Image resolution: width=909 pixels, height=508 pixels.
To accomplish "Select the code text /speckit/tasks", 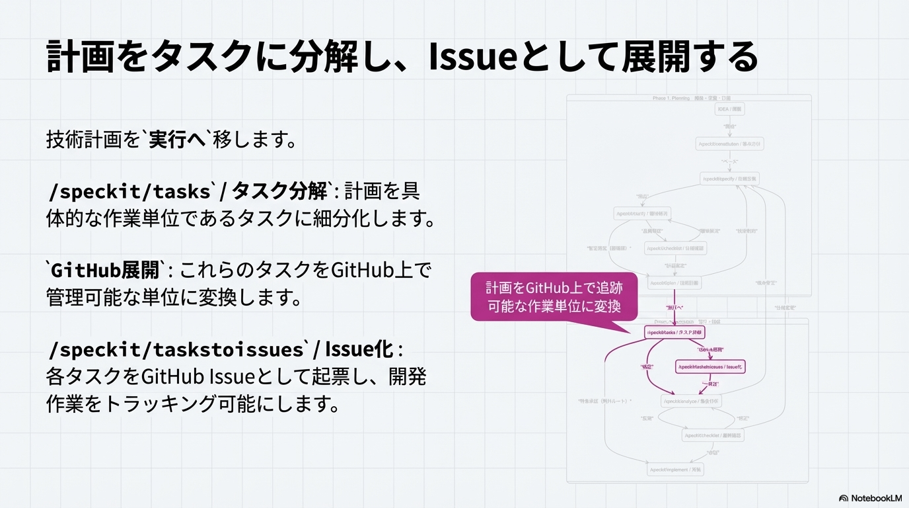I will [x=129, y=192].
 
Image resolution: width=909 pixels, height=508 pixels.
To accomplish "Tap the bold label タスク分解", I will [x=279, y=192].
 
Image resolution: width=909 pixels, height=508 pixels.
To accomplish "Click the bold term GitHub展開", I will [x=106, y=270].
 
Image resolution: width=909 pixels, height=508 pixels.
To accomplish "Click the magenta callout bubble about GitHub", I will [x=554, y=297].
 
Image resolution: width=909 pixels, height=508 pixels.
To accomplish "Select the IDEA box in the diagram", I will [x=730, y=109].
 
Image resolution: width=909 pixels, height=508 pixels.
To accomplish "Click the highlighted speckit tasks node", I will [x=674, y=332].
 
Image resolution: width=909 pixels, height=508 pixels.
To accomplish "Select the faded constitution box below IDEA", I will [x=729, y=144].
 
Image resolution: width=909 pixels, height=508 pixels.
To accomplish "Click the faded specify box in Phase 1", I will [x=729, y=179].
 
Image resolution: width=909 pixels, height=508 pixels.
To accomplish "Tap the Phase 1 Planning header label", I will [x=687, y=98].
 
